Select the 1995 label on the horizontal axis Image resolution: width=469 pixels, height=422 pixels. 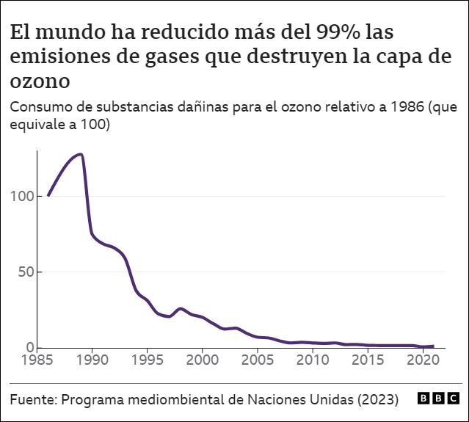(x=148, y=360)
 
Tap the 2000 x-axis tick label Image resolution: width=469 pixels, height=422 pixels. (x=203, y=360)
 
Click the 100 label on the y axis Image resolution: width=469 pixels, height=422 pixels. (x=23, y=197)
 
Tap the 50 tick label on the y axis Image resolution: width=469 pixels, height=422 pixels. (x=26, y=272)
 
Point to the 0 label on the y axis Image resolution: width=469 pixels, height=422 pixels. (x=30, y=347)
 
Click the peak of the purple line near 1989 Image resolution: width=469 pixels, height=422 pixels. (x=80, y=154)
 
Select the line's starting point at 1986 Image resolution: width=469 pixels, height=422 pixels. (x=48, y=195)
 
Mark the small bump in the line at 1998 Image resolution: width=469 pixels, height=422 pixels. (x=181, y=309)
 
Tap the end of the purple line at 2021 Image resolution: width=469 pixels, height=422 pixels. (x=434, y=346)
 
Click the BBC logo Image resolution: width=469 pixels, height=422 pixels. (x=438, y=399)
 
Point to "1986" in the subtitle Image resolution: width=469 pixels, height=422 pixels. (x=404, y=108)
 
